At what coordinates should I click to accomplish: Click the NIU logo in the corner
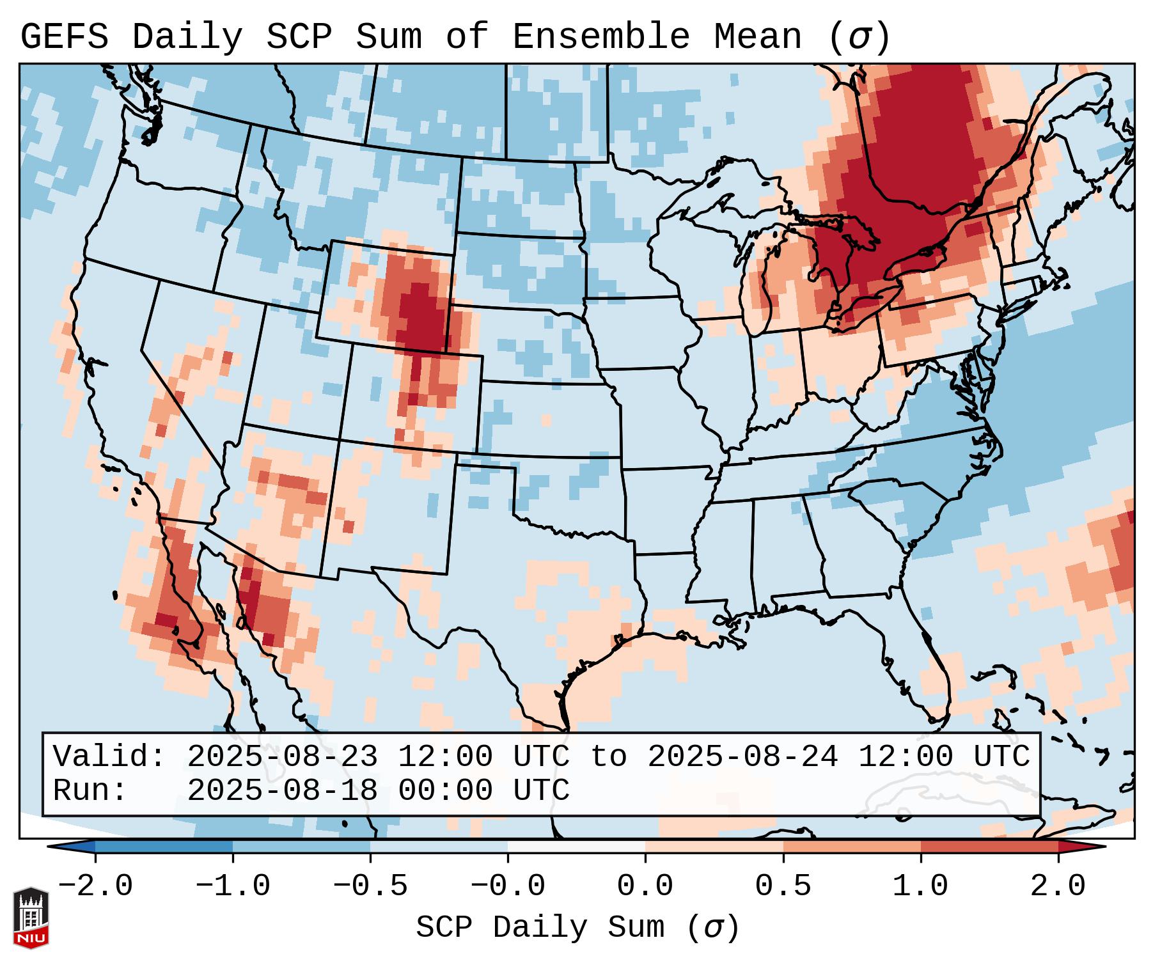pyautogui.click(x=31, y=918)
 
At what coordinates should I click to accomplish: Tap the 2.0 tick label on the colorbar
pyautogui.click(x=1058, y=886)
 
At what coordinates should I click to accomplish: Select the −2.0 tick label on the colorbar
pyautogui.click(x=95, y=886)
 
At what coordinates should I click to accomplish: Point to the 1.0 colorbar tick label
pyautogui.click(x=920, y=886)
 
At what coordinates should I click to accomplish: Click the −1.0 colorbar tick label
pyautogui.click(x=232, y=886)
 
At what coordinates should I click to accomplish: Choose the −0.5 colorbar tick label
pyautogui.click(x=370, y=886)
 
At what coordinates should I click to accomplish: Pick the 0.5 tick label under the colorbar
pyautogui.click(x=783, y=886)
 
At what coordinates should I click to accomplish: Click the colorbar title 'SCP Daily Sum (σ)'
pyautogui.click(x=577, y=928)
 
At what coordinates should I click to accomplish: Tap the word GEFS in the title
pyautogui.click(x=64, y=37)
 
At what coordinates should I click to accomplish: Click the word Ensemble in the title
pyautogui.click(x=601, y=37)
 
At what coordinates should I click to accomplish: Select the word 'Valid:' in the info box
pyautogui.click(x=109, y=756)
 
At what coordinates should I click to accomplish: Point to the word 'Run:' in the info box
pyautogui.click(x=90, y=790)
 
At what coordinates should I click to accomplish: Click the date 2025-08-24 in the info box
pyautogui.click(x=742, y=756)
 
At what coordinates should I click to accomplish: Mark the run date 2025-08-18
pyautogui.click(x=282, y=790)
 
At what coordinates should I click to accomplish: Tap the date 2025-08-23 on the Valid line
pyautogui.click(x=282, y=756)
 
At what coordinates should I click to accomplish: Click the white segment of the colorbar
pyautogui.click(x=577, y=847)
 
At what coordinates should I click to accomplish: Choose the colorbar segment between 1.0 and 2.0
pyautogui.click(x=989, y=847)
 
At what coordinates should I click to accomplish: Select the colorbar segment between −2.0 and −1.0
pyautogui.click(x=164, y=847)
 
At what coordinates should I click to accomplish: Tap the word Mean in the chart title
pyautogui.click(x=758, y=37)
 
